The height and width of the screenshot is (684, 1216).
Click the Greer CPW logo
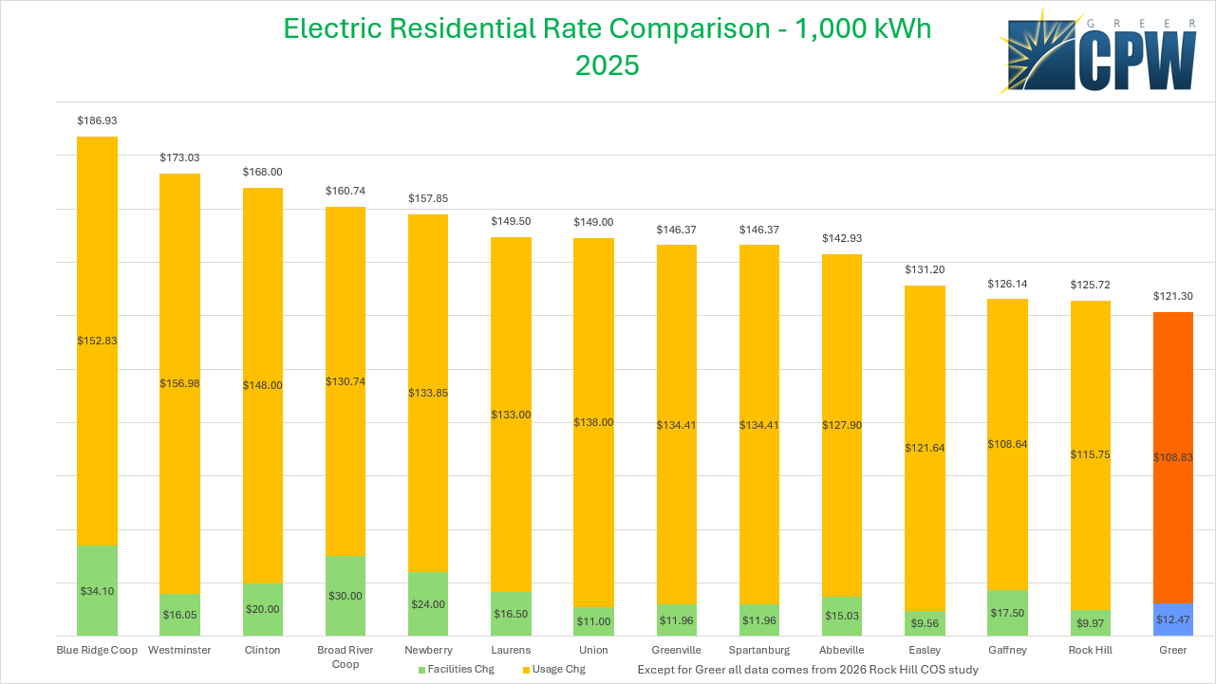(1099, 51)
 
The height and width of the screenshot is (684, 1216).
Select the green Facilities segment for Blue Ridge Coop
(97, 590)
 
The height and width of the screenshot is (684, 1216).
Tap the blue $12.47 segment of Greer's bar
(1172, 619)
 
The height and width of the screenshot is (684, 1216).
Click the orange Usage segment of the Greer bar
(1172, 456)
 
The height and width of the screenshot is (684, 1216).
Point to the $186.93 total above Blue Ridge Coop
(97, 121)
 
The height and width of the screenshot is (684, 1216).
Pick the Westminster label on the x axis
(179, 651)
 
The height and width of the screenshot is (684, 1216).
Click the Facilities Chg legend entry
(456, 670)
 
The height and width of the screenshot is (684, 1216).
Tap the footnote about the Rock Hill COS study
(808, 670)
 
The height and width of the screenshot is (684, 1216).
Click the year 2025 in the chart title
(608, 65)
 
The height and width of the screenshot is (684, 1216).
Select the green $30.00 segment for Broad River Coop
(345, 595)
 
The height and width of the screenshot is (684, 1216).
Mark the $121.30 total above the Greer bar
(1172, 297)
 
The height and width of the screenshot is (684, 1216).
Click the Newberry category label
(427, 651)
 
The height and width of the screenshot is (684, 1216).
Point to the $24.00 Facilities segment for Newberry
(427, 603)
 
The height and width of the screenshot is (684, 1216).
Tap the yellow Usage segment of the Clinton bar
(262, 385)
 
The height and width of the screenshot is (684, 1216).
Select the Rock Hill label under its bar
(1091, 651)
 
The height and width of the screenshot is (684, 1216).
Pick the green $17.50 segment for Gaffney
(1007, 613)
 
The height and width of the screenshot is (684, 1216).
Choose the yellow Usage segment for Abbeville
(841, 425)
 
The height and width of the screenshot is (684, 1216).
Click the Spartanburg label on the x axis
(758, 651)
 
